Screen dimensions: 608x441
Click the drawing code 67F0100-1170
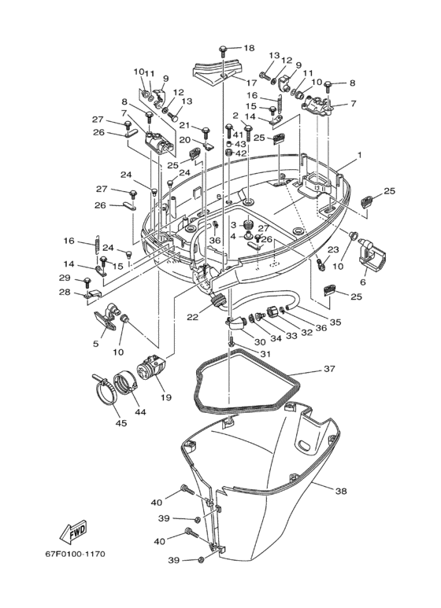pos(74,554)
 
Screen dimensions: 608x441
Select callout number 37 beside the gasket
pos(329,369)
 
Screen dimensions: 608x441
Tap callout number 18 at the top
pos(249,48)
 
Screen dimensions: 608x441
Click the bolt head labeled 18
pos(224,50)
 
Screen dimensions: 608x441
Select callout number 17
pos(252,83)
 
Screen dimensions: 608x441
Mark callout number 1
pos(358,156)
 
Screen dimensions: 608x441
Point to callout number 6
pos(362,282)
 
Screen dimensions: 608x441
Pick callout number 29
pos(64,278)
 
